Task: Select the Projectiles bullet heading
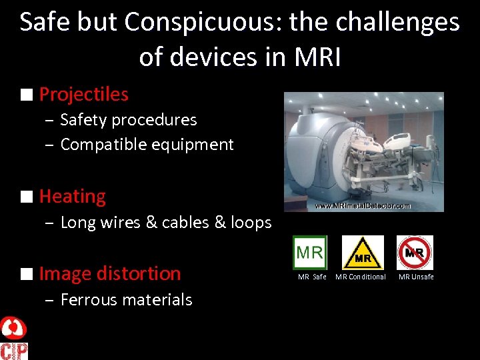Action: pos(83,95)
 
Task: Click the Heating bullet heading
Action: pos(72,197)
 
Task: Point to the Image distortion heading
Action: pos(110,273)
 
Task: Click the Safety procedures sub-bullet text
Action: pos(129,120)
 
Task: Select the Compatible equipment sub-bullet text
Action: pos(147,145)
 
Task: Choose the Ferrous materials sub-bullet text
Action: pos(126,300)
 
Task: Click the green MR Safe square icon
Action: pos(310,253)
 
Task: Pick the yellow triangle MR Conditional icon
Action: pos(362,253)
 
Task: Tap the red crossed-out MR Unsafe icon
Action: pos(415,253)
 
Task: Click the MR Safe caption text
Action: pos(312,277)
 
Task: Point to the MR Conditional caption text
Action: pos(361,277)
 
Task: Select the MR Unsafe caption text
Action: pos(416,277)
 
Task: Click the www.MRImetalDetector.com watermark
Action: pos(364,206)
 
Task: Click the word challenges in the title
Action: pos(399,23)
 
